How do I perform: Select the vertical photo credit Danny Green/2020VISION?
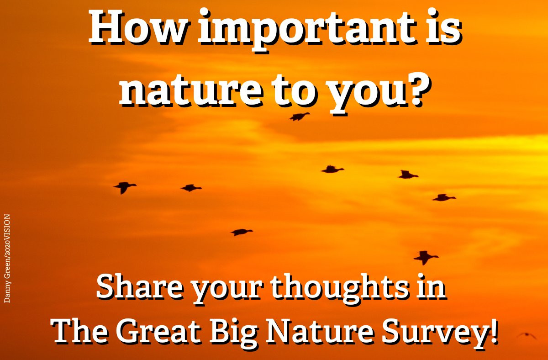(7, 259)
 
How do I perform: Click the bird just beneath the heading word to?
(300, 116)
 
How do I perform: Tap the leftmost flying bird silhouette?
(125, 187)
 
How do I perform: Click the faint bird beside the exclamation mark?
(526, 335)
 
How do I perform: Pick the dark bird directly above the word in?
(426, 257)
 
